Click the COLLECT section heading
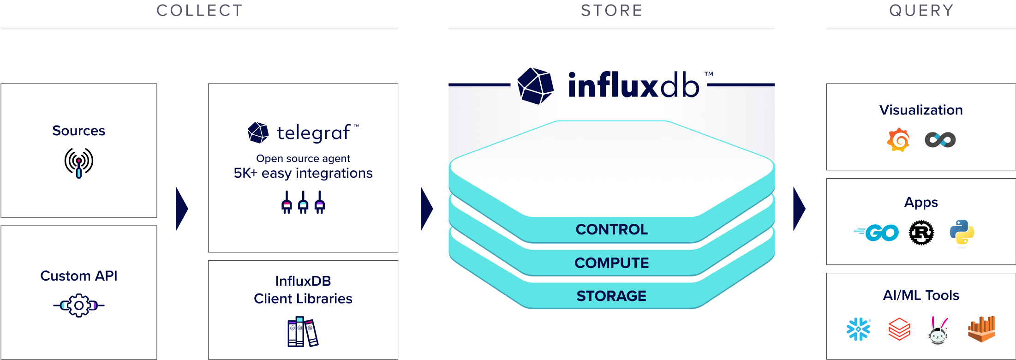coord(199,11)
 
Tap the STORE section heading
coord(611,11)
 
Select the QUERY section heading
coord(921,11)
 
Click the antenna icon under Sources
coord(79,163)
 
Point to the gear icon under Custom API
coord(79,305)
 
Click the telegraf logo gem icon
coord(258,132)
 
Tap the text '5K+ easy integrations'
coord(303,173)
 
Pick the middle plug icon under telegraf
coord(303,203)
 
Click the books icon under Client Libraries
coord(303,331)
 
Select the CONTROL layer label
coord(611,229)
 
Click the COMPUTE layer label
coord(611,263)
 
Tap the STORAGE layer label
coord(611,296)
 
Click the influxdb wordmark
coord(634,86)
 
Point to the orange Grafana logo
coord(898,140)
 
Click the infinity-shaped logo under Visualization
coord(940,140)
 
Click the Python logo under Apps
coord(962,232)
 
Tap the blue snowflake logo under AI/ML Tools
coord(858,329)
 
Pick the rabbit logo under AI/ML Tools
coord(938,330)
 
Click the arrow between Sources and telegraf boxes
coord(182,209)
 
